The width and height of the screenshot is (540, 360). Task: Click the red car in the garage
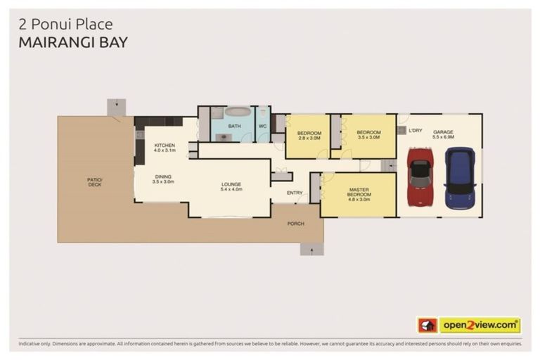pos(420,176)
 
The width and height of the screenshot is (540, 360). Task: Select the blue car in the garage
pos(460,177)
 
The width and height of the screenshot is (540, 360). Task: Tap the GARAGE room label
pos(443,132)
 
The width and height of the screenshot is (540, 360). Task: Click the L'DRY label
pos(416,130)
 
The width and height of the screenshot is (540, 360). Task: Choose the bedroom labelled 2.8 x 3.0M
pos(309,136)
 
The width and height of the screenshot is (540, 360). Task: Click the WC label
pos(262,127)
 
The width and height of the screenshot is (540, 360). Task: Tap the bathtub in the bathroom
pos(238,112)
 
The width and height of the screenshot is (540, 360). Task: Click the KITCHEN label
pos(165,146)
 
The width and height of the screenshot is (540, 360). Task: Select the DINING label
pos(162,177)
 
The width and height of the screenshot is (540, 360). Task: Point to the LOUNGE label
pos(231,186)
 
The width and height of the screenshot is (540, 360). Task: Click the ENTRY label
pos(295,192)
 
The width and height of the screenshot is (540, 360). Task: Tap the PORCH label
pos(295,224)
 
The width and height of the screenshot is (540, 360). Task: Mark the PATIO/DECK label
pos(94,182)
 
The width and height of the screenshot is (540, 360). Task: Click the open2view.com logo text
pos(480,325)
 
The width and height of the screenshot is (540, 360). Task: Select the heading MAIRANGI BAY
pos(73,42)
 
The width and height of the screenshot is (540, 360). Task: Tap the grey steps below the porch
pos(311,249)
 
